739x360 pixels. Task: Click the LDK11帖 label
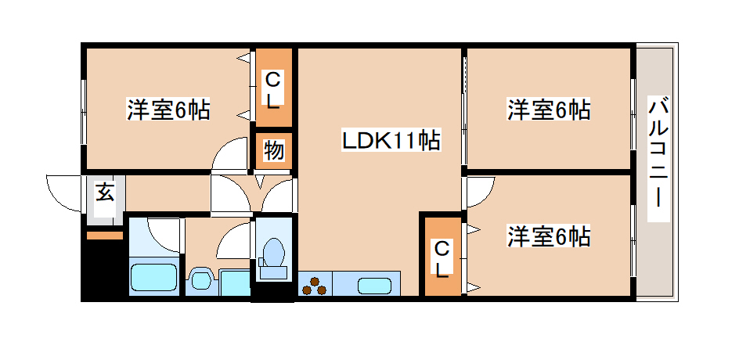[389, 141]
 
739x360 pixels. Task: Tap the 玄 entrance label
[104, 192]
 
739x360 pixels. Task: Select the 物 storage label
[273, 151]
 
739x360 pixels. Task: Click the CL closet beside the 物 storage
[272, 89]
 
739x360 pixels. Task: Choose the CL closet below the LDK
[442, 259]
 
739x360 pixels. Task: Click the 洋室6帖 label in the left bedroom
[168, 110]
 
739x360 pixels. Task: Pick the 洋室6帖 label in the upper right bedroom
[548, 110]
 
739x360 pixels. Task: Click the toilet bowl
[273, 254]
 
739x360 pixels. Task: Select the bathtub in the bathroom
[152, 278]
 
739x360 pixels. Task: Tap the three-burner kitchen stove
[315, 286]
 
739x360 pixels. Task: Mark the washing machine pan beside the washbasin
[234, 283]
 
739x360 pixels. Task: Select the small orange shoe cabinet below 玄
[104, 235]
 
